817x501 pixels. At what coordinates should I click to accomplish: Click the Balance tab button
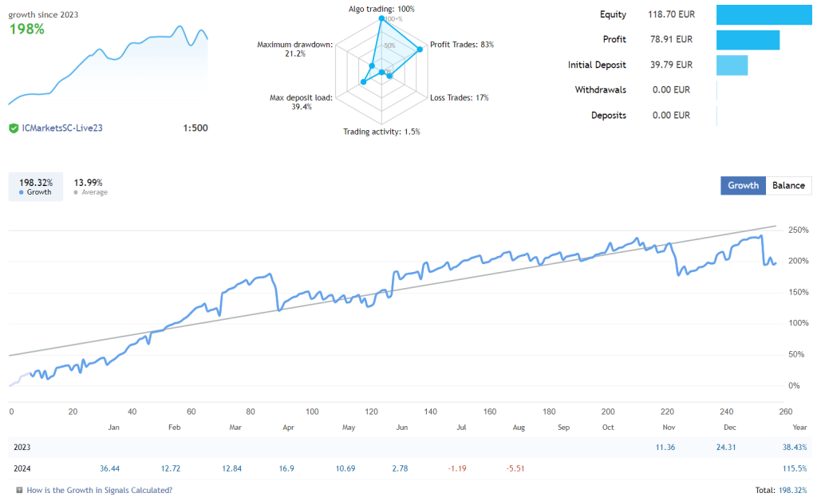pyautogui.click(x=788, y=185)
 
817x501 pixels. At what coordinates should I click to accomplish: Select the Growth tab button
pyautogui.click(x=743, y=185)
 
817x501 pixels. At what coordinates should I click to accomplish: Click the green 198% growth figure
pyautogui.click(x=26, y=30)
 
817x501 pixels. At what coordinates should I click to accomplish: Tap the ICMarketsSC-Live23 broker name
pyautogui.click(x=61, y=128)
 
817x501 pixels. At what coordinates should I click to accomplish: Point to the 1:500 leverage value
pyautogui.click(x=195, y=128)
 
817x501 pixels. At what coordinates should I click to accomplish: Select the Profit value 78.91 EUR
pyautogui.click(x=672, y=39)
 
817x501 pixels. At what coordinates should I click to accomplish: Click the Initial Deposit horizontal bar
pyautogui.click(x=732, y=65)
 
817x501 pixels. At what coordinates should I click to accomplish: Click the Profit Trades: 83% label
pyautogui.click(x=462, y=45)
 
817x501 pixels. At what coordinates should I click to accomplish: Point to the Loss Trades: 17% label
pyautogui.click(x=459, y=97)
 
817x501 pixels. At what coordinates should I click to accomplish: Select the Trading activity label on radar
pyautogui.click(x=381, y=132)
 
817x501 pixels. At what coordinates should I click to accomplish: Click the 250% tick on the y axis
pyautogui.click(x=798, y=230)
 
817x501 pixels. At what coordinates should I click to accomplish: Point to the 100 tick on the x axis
pyautogui.click(x=312, y=412)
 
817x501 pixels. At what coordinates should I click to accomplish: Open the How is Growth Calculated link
pyautogui.click(x=99, y=490)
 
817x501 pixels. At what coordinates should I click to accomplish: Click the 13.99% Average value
pyautogui.click(x=89, y=183)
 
